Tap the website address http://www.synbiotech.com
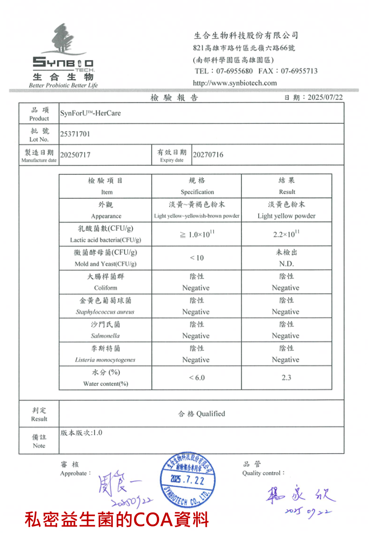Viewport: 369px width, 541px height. (235, 83)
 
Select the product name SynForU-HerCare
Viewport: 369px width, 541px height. (90, 113)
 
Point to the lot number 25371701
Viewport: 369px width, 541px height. (75, 134)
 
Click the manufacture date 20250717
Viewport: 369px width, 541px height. (75, 155)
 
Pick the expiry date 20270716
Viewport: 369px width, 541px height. (208, 155)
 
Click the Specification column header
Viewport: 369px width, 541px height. (197, 192)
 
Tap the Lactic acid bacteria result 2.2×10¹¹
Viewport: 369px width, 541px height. (286, 234)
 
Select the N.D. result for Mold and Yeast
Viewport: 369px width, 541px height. (286, 264)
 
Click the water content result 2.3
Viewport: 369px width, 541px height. (286, 378)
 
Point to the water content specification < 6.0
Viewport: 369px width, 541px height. (197, 378)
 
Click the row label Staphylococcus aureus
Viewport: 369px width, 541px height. (105, 312)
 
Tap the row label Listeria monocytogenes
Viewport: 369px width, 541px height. (105, 360)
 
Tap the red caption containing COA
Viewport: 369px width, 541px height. (117, 520)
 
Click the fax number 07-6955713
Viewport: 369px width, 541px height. (299, 71)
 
